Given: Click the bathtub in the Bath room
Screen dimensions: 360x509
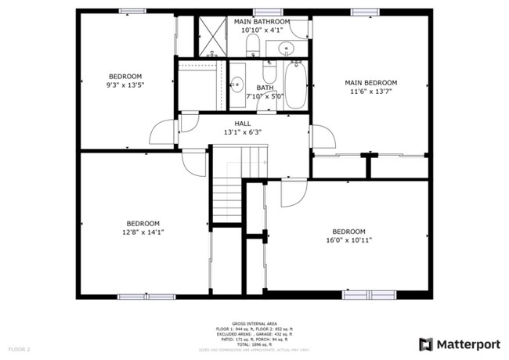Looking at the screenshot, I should tap(294, 85).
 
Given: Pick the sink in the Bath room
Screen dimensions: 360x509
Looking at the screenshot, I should tap(235, 81).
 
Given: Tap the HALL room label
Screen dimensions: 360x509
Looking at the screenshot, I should tap(243, 123).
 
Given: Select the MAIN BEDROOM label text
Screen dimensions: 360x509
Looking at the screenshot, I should tap(372, 82).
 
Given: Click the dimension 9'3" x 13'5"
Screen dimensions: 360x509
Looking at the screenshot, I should tap(125, 85).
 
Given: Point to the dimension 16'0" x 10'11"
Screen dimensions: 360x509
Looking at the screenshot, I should tap(349, 240).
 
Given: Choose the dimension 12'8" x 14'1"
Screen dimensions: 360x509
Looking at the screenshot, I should tap(143, 232).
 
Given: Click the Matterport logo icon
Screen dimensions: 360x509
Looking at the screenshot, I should tap(425, 344).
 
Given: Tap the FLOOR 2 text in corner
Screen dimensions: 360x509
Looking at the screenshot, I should tap(19, 347).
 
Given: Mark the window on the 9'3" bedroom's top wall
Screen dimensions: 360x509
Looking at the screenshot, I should tap(132, 11).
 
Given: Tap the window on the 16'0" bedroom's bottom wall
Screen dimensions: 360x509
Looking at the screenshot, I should tap(367, 295).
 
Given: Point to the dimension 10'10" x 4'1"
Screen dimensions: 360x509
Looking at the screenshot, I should tap(262, 30).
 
